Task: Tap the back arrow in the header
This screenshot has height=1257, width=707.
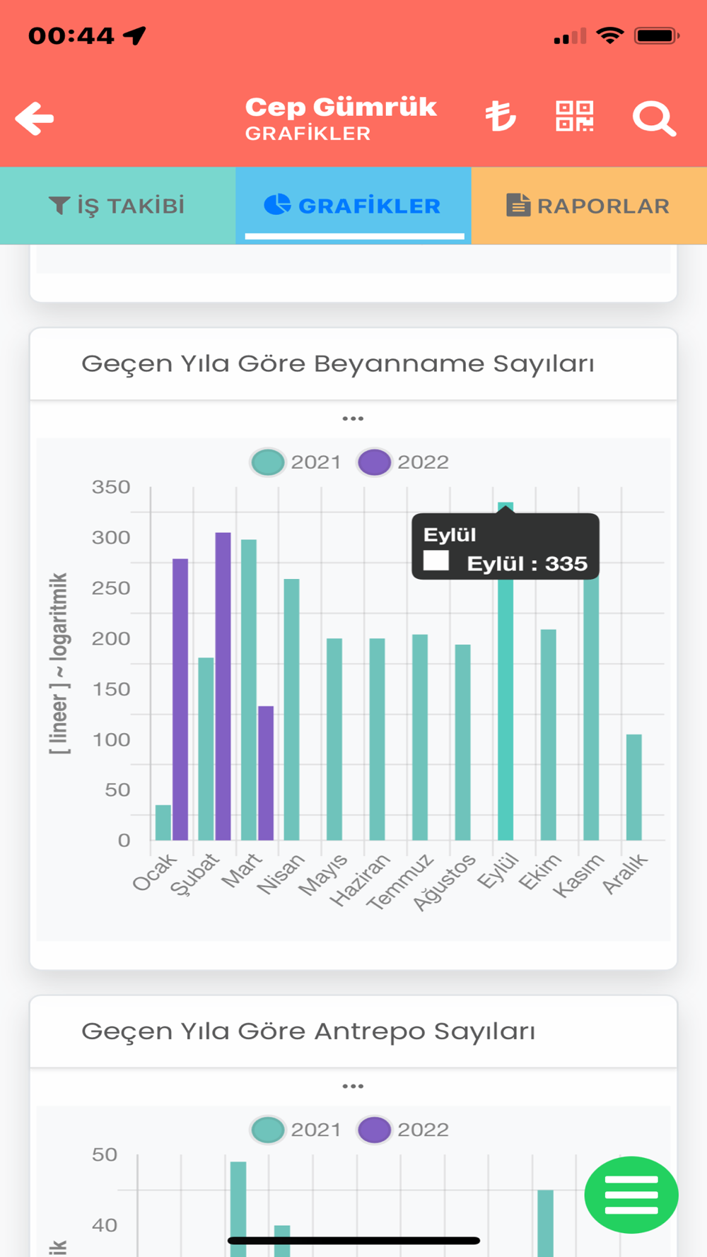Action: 35,118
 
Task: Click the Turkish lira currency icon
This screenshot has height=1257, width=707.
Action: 501,117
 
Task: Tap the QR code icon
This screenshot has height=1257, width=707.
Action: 574,117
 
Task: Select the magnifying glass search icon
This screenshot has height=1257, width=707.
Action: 654,118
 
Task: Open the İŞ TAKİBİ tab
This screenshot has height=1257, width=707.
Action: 117,206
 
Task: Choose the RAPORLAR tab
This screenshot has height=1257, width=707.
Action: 588,206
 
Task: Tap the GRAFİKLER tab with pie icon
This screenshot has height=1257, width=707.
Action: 353,206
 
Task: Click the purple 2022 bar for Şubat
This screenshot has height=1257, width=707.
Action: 223,686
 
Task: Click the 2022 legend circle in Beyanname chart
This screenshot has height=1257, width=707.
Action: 374,462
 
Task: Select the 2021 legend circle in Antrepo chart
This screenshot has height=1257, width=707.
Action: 268,1130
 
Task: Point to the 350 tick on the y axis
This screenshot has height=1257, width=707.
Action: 111,487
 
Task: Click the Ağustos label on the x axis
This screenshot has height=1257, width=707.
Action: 445,882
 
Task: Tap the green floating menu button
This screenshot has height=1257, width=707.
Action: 631,1195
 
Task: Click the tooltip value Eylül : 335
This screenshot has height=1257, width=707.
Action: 527,563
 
